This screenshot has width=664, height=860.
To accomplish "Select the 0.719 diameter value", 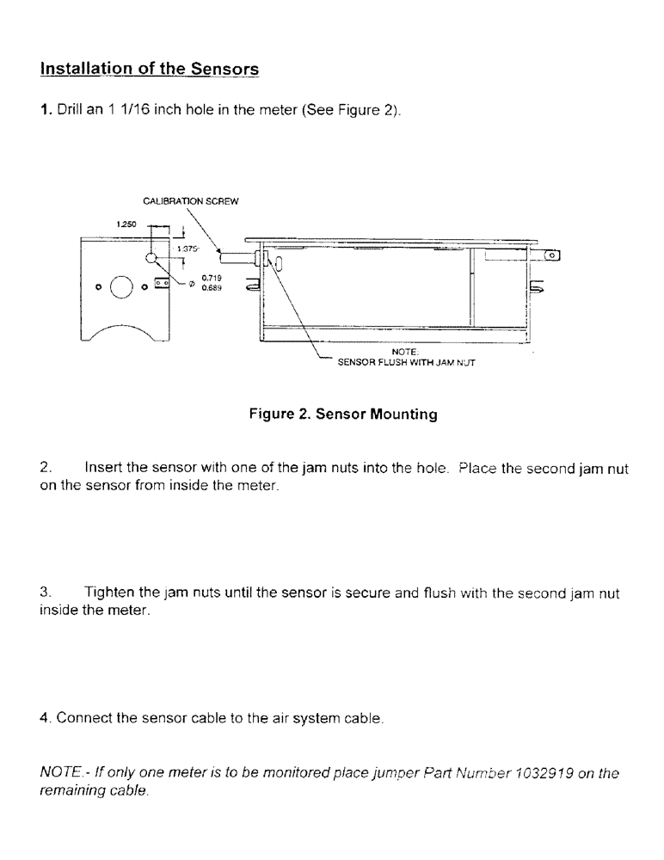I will [210, 279].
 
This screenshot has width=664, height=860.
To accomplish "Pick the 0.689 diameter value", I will [210, 288].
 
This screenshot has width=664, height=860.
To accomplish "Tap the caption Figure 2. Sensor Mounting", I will [343, 415].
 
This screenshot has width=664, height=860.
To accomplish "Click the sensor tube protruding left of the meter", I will [234, 256].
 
